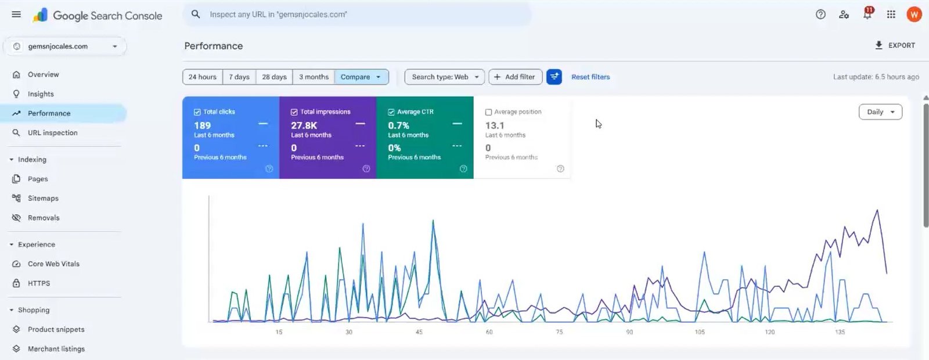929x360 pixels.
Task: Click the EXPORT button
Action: point(895,45)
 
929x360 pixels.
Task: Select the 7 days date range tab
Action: point(239,77)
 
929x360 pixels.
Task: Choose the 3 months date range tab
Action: point(314,77)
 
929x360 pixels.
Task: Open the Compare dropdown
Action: point(361,77)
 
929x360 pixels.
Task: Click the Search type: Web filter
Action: point(445,77)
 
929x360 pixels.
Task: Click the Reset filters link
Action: point(590,77)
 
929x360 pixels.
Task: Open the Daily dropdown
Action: point(880,112)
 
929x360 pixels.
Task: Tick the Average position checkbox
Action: point(488,112)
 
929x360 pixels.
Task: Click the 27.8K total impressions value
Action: point(304,125)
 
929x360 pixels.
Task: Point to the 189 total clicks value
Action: point(202,125)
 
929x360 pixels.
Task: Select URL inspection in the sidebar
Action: point(52,133)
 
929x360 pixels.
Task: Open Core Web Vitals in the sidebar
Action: point(53,264)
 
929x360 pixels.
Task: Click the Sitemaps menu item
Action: point(43,199)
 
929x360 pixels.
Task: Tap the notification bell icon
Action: point(867,15)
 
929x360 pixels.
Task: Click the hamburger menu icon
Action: point(16,15)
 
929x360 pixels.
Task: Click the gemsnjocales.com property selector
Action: point(65,46)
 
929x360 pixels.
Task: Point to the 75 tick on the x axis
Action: point(559,332)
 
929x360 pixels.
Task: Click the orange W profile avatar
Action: point(914,15)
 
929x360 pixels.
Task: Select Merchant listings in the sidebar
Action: point(56,349)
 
